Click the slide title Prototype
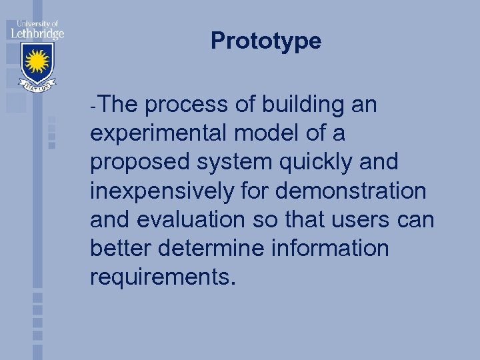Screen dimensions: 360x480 [x=266, y=41]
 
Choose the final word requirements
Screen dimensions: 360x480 [x=163, y=277]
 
